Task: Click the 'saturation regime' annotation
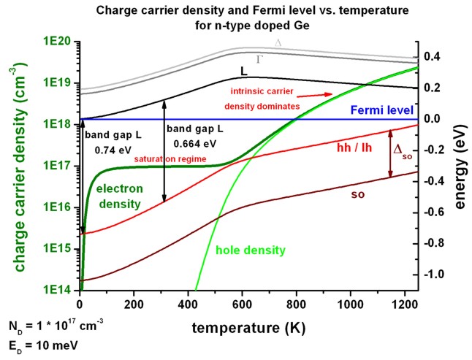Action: coord(169,158)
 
